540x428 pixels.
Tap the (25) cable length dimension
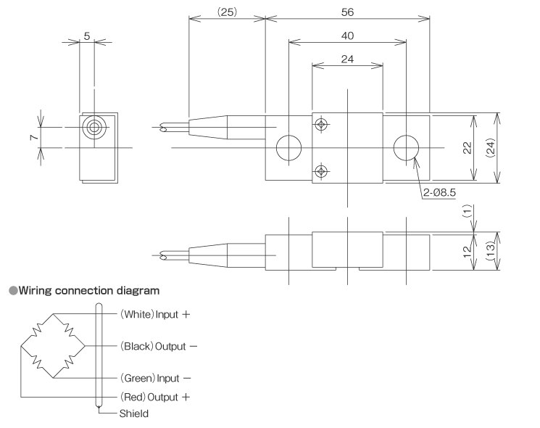[226, 12]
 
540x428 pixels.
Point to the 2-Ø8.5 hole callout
[438, 194]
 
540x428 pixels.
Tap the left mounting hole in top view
[288, 149]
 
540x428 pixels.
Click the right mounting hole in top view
[406, 149]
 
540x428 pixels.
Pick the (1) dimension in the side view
[468, 211]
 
